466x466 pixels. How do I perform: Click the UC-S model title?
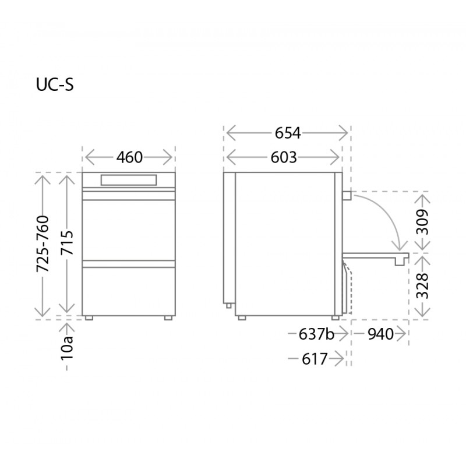[x=55, y=84]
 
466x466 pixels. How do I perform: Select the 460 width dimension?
[x=129, y=157]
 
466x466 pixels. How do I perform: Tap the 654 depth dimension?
[x=288, y=133]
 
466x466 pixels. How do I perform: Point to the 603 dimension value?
[x=284, y=157]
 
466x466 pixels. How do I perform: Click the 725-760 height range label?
[x=43, y=244]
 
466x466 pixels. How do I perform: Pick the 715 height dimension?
[x=67, y=242]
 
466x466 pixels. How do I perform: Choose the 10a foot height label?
[x=67, y=348]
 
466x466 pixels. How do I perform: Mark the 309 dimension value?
[x=422, y=222]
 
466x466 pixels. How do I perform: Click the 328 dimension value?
[x=422, y=286]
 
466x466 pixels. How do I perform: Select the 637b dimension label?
[x=316, y=334]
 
